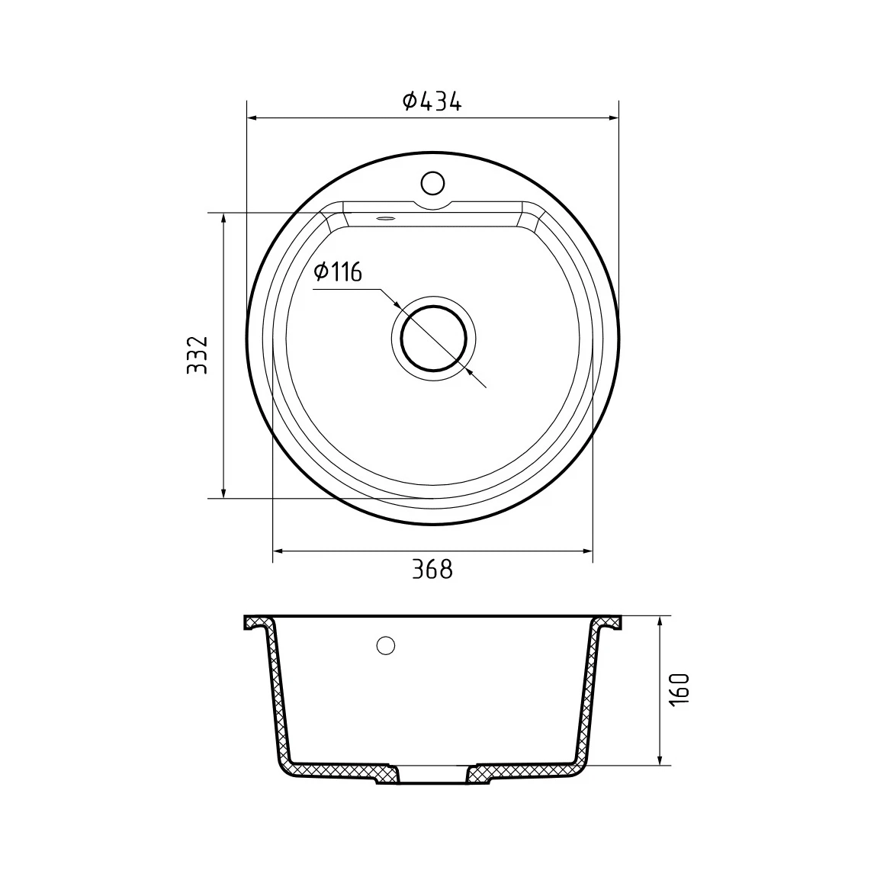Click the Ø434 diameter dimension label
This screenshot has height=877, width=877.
pyautogui.click(x=432, y=101)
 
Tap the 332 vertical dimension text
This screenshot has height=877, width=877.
pyautogui.click(x=197, y=355)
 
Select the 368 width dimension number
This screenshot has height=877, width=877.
pyautogui.click(x=432, y=570)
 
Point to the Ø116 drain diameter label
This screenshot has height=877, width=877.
pyautogui.click(x=338, y=271)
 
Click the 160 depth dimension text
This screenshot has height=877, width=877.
pyautogui.click(x=679, y=689)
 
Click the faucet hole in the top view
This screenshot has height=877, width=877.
pyautogui.click(x=432, y=183)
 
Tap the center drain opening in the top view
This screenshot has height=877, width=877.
pyautogui.click(x=433, y=339)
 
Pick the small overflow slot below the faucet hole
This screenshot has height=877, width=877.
pyautogui.click(x=386, y=219)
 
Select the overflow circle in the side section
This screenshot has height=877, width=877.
pyautogui.click(x=385, y=645)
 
